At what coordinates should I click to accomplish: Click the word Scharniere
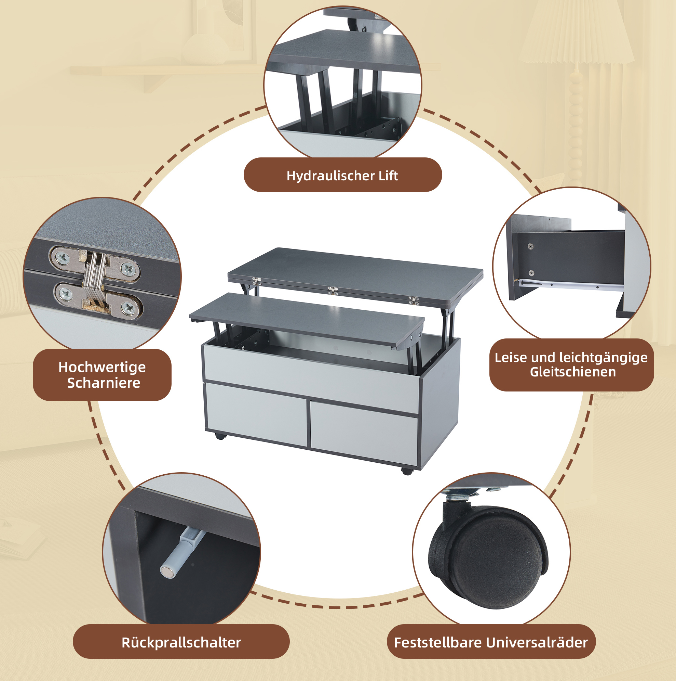[104, 383]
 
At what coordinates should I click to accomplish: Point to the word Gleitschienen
[573, 372]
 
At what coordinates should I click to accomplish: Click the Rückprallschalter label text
[181, 643]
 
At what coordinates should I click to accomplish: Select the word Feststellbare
[438, 643]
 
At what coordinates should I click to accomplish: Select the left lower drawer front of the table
[256, 413]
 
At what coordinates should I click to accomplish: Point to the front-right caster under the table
[407, 471]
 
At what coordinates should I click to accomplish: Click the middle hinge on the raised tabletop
[333, 291]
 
